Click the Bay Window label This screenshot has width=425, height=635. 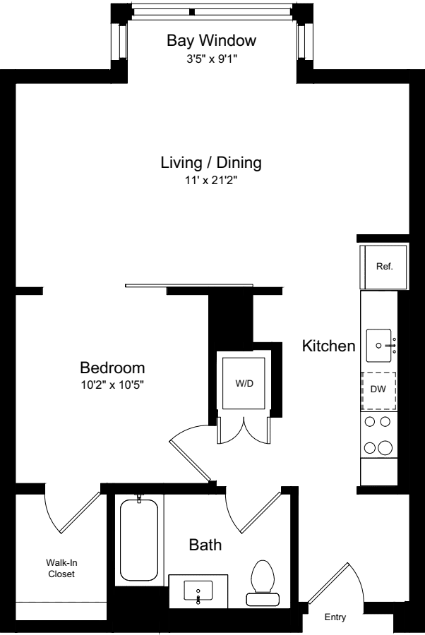[x=211, y=41]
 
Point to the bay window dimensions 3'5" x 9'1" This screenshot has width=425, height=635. [x=211, y=59]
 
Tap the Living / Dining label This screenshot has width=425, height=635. [x=211, y=163]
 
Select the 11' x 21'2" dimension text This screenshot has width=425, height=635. [x=211, y=181]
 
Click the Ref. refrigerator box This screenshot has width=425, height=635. [x=384, y=267]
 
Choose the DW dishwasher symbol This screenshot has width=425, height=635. [x=379, y=390]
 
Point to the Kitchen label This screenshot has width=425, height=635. [x=328, y=346]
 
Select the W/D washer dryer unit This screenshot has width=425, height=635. [x=244, y=385]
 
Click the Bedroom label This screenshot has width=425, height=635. [x=112, y=368]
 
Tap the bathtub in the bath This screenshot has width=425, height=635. [x=138, y=538]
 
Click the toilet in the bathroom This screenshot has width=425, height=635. [x=263, y=583]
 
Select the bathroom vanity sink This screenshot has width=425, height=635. [x=198, y=590]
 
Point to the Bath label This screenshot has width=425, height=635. [x=205, y=545]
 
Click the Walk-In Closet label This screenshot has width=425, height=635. [x=61, y=568]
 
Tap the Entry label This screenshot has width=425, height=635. [x=335, y=617]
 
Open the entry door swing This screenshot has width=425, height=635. [x=337, y=582]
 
